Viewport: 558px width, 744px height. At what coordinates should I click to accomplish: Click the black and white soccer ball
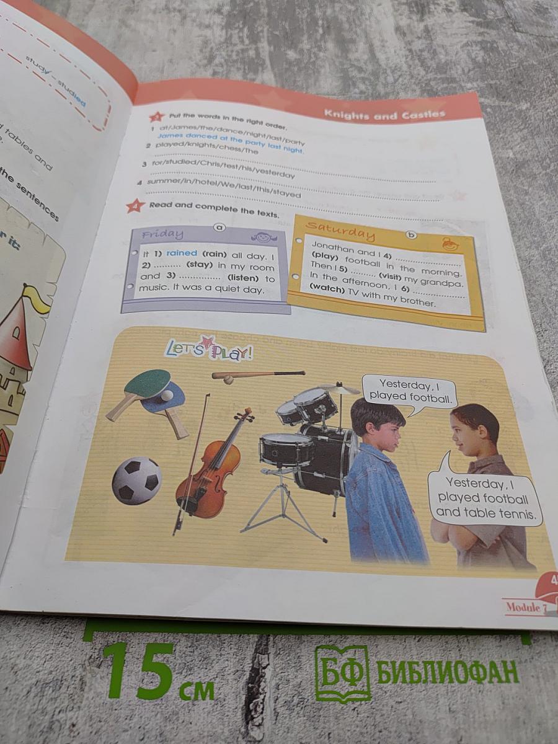coord(136,480)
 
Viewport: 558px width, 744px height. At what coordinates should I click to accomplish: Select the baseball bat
coord(260,374)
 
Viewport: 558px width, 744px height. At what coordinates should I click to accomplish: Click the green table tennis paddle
coord(147,383)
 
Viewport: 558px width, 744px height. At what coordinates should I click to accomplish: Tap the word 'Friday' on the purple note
coord(162,234)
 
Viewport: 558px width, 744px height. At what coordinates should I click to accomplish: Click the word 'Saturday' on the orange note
coord(340,230)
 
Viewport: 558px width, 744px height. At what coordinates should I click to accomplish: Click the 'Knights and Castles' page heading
coord(384,115)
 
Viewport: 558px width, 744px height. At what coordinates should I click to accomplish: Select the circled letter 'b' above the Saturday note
coord(410,234)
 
